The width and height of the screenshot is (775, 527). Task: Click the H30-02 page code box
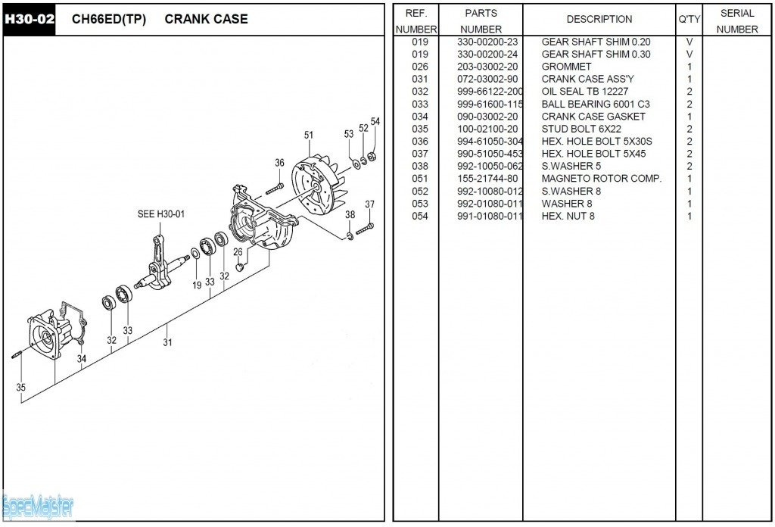(x=29, y=19)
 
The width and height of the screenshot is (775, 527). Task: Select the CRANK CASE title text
(x=206, y=19)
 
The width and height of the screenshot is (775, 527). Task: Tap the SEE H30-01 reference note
(x=160, y=214)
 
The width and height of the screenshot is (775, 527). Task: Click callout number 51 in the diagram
(x=309, y=136)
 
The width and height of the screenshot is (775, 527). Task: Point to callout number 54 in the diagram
(x=375, y=122)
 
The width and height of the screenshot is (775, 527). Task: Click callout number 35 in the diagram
(x=20, y=388)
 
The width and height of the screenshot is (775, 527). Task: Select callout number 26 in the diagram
(x=238, y=252)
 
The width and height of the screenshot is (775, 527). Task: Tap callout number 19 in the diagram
(x=197, y=285)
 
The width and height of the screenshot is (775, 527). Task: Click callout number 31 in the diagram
(x=167, y=342)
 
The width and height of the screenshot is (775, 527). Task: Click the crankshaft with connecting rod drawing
(x=163, y=265)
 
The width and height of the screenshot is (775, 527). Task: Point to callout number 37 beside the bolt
(x=369, y=204)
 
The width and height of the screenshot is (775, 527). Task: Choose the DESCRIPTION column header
(x=599, y=19)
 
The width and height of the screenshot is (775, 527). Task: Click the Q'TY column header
(x=689, y=20)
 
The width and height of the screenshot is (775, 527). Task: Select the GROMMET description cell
(x=566, y=67)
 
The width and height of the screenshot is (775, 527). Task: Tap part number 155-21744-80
(x=487, y=179)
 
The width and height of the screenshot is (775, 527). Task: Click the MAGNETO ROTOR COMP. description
(x=601, y=179)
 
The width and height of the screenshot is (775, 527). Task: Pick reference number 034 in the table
(x=419, y=117)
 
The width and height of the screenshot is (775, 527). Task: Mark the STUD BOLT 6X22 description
(x=581, y=129)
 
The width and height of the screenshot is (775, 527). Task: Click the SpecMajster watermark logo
(x=38, y=506)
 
